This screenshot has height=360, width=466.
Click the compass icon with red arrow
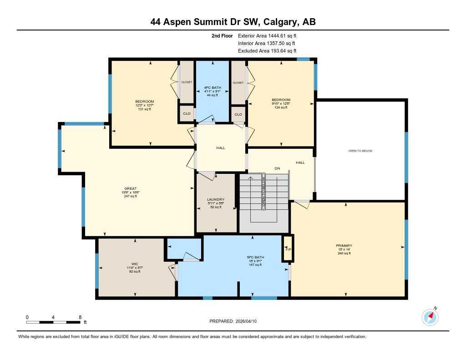click(430, 317)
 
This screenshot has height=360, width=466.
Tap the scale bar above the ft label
click(54, 322)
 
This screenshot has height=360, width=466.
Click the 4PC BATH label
click(212, 87)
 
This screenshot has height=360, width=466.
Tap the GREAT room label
click(131, 188)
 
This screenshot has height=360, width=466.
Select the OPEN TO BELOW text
click(360, 151)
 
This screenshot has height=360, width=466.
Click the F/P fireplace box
click(287, 249)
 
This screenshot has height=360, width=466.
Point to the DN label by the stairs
click(277, 168)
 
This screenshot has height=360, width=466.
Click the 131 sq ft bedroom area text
click(144, 109)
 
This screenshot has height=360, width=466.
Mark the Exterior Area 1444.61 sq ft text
click(270, 35)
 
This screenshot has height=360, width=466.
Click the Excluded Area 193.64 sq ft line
click(270, 51)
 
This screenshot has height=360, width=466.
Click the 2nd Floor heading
click(222, 35)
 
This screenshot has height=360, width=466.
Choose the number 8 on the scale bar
click(80, 317)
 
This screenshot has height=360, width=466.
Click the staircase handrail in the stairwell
click(263, 191)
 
